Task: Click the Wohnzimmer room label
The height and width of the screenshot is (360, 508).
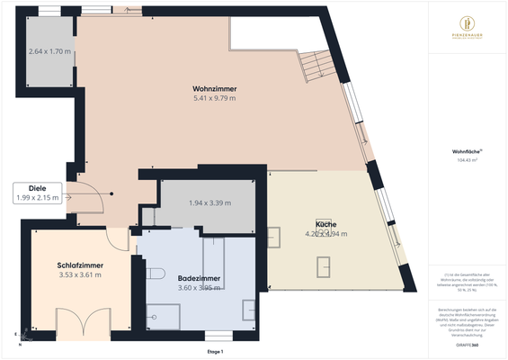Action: [214, 88]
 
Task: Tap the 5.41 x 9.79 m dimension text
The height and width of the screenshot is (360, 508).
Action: [214, 98]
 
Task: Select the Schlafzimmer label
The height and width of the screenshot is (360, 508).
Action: [79, 265]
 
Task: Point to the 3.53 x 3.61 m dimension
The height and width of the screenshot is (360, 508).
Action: [79, 274]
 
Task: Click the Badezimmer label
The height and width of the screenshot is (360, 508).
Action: [194, 278]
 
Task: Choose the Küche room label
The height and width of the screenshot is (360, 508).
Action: [325, 223]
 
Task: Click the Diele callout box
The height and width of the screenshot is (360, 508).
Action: [37, 193]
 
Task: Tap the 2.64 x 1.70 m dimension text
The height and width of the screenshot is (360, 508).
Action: [49, 52]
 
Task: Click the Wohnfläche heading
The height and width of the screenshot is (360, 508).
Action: [467, 151]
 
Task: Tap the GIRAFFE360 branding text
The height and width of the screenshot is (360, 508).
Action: [467, 345]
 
